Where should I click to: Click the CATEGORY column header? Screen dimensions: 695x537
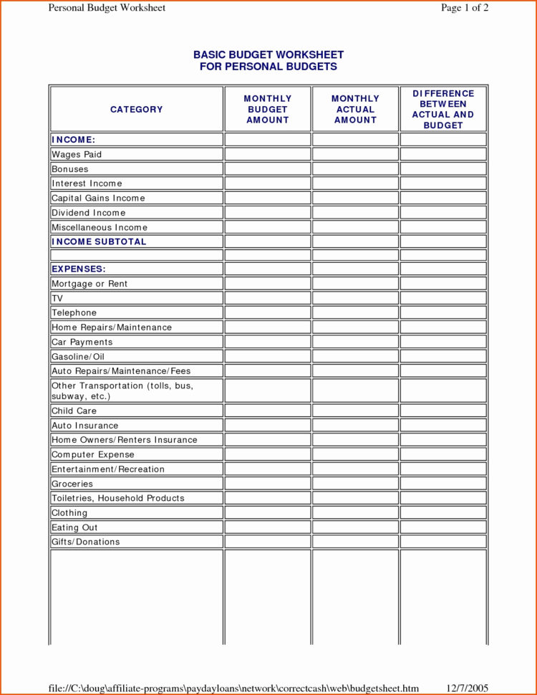pyautogui.click(x=136, y=110)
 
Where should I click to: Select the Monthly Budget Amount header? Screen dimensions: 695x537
pyautogui.click(x=268, y=110)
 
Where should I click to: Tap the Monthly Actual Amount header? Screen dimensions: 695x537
pyautogui.click(x=355, y=110)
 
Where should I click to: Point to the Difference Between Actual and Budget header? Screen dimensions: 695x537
pyautogui.click(x=443, y=110)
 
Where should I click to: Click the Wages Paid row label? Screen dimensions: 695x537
pyautogui.click(x=77, y=155)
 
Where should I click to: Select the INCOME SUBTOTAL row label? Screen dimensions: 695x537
pyautogui.click(x=99, y=242)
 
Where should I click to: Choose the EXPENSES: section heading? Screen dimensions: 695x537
pyautogui.click(x=79, y=269)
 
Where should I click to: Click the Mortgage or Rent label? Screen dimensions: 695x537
pyautogui.click(x=89, y=284)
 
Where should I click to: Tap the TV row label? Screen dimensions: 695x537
pyautogui.click(x=57, y=299)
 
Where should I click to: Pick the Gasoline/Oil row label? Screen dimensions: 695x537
pyautogui.click(x=78, y=357)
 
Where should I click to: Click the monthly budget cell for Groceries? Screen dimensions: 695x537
pyautogui.click(x=268, y=484)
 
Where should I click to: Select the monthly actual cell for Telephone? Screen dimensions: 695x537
pyautogui.click(x=355, y=313)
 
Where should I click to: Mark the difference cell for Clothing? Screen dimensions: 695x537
pyautogui.click(x=443, y=513)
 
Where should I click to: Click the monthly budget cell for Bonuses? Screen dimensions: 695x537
pyautogui.click(x=268, y=169)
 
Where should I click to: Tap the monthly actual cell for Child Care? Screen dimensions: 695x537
pyautogui.click(x=355, y=411)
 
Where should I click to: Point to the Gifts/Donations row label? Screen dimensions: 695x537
pyautogui.click(x=85, y=542)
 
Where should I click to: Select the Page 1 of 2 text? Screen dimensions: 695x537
pyautogui.click(x=465, y=8)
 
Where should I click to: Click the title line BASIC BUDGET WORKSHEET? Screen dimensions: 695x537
pyautogui.click(x=268, y=54)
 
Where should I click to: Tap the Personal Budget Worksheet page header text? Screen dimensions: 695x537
pyautogui.click(x=107, y=8)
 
